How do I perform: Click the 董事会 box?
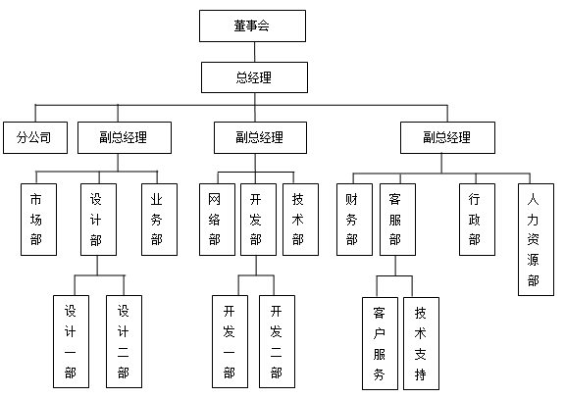(252, 25)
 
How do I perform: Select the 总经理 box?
(254, 77)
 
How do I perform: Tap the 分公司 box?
(35, 137)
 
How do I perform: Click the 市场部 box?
(38, 220)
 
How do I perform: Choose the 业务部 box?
(159, 220)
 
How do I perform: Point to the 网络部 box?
(218, 220)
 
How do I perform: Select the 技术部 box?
(300, 220)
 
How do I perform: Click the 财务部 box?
(354, 220)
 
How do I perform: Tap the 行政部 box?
(477, 220)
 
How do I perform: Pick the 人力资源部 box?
(536, 239)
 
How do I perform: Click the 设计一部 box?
(71, 341)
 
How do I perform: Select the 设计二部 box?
(124, 341)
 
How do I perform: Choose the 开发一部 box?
(230, 341)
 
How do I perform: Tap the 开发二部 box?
(277, 341)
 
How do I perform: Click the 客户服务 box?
(380, 343)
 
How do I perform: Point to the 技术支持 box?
(421, 343)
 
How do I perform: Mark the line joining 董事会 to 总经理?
(255, 52)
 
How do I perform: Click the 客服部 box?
(398, 220)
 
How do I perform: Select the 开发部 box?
(258, 220)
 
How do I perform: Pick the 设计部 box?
(98, 220)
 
